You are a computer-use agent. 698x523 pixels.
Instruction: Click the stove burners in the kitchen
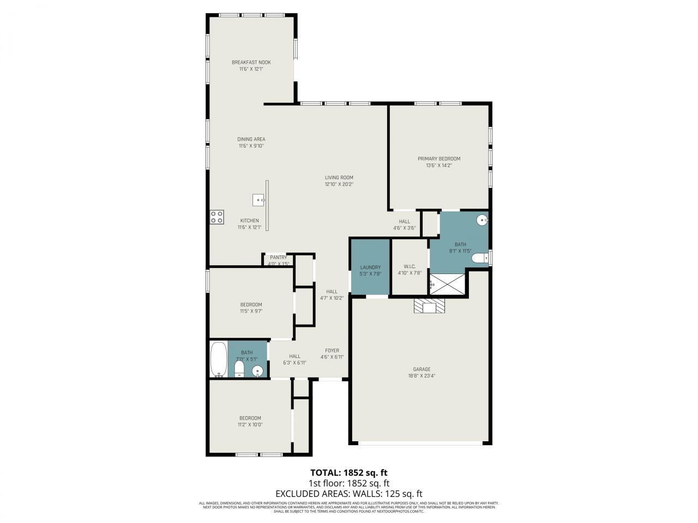pos(216,217)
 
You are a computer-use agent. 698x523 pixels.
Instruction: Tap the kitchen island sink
pos(258,200)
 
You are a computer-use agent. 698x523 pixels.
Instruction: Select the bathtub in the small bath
pos(219,359)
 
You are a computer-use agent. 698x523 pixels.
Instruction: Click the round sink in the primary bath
pos(482,220)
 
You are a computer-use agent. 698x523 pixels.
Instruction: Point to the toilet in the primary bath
pos(480,258)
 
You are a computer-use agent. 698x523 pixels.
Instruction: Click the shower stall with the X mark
pos(448,284)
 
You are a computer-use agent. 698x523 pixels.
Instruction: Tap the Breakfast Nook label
pos(251,62)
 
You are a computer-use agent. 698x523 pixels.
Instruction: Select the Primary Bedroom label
pos(439,159)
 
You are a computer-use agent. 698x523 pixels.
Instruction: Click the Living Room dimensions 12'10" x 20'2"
pos(339,184)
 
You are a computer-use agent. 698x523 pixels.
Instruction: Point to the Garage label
pos(422,369)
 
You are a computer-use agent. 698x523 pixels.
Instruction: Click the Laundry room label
pos(370,267)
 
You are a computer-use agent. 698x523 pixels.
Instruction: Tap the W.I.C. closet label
pos(410,266)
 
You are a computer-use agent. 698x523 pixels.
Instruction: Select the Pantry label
pos(278,257)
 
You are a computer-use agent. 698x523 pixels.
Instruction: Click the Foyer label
pos(332,350)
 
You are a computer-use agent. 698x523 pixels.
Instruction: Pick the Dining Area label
pos(251,139)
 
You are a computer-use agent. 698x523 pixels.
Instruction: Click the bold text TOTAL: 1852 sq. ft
pos(349,472)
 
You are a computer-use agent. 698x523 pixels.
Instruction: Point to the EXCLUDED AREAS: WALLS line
pos(349,494)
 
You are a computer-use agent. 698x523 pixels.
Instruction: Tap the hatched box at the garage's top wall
pos(430,307)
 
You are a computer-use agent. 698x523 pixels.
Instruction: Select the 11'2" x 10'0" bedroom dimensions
pos(250,424)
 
